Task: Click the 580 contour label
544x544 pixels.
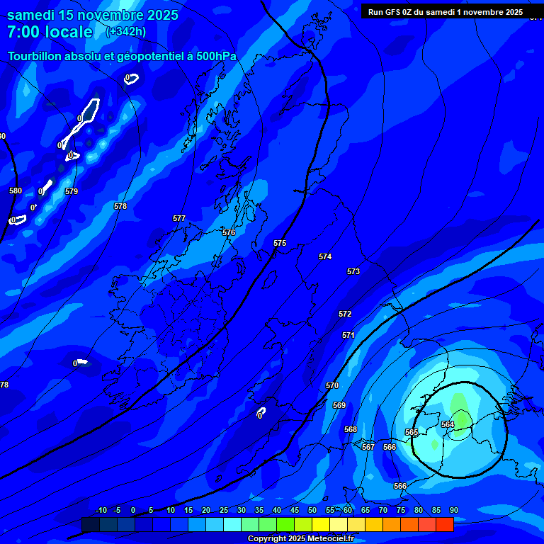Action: (16, 191)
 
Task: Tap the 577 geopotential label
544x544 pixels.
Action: (179, 219)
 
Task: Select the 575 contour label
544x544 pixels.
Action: (280, 243)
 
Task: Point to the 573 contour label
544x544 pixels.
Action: (353, 271)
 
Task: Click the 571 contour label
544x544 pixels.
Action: (348, 335)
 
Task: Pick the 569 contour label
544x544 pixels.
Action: (339, 405)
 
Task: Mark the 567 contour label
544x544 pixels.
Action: (368, 447)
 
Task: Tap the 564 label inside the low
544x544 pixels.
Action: (448, 424)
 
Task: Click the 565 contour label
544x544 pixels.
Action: (412, 432)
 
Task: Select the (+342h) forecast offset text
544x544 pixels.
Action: (126, 31)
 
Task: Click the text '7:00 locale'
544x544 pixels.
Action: (50, 32)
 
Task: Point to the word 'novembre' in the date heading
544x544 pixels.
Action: (108, 15)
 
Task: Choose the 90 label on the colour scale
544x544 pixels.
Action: (453, 510)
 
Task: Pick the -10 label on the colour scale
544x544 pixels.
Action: (101, 510)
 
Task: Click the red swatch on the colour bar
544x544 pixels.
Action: (444, 524)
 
